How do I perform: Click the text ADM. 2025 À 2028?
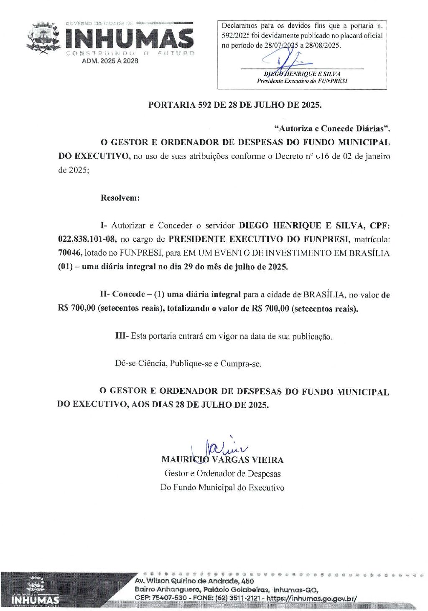pyautogui.click(x=110, y=61)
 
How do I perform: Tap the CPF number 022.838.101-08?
pyautogui.click(x=87, y=239)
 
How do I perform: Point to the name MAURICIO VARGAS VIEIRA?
pyautogui.click(x=222, y=460)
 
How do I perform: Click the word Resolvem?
pyautogui.click(x=120, y=198)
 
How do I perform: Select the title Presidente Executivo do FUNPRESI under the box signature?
pyautogui.click(x=302, y=81)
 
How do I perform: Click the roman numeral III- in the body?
pyautogui.click(x=122, y=336)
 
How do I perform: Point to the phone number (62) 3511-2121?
pyautogui.click(x=237, y=598)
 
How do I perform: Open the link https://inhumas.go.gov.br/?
pyautogui.click(x=311, y=598)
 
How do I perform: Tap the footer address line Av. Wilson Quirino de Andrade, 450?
pyautogui.click(x=194, y=581)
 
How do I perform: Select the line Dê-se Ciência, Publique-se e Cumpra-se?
pyautogui.click(x=188, y=364)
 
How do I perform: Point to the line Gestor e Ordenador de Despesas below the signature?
pyautogui.click(x=222, y=474)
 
